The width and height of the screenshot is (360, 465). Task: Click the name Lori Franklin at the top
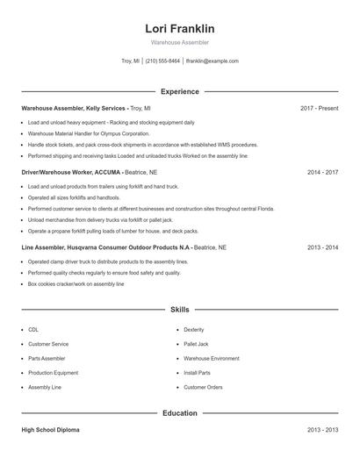(x=179, y=28)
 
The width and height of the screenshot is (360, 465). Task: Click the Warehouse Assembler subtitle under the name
(x=179, y=42)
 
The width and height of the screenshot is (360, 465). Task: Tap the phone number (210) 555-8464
(x=162, y=61)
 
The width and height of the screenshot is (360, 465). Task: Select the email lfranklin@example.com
(x=212, y=61)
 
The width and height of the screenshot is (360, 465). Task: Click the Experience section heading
(x=179, y=91)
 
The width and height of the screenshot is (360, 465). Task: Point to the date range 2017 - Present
(x=319, y=108)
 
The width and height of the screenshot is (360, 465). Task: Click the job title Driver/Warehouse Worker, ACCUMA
(x=71, y=173)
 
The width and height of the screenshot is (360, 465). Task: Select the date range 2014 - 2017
(x=322, y=173)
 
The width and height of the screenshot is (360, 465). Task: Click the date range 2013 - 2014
(x=322, y=247)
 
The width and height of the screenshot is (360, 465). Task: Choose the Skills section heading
(x=179, y=310)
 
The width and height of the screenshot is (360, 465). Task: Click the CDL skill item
(x=33, y=329)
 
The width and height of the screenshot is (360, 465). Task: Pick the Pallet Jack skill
(x=196, y=344)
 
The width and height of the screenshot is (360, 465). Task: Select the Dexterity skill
(x=194, y=329)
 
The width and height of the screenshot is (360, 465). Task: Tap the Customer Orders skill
(x=203, y=387)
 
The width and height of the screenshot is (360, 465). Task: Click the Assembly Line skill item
(x=45, y=387)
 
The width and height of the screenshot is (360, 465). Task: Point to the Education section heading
(x=179, y=412)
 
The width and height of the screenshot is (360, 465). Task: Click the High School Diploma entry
(x=54, y=430)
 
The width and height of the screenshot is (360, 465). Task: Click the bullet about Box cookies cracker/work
(x=76, y=284)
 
